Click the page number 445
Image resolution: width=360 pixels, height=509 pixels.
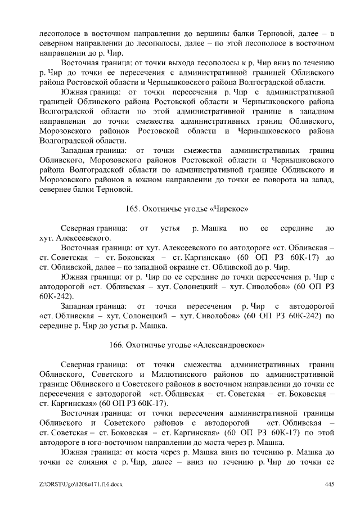click(x=330, y=484)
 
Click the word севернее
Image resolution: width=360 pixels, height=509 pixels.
click(x=56, y=190)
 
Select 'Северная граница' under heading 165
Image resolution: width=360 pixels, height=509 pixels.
click(x=93, y=228)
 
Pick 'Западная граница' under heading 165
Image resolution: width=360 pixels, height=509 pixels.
click(x=93, y=306)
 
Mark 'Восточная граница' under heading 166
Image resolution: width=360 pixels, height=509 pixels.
click(x=95, y=413)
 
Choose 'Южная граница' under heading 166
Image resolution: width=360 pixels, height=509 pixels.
click(x=88, y=453)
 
